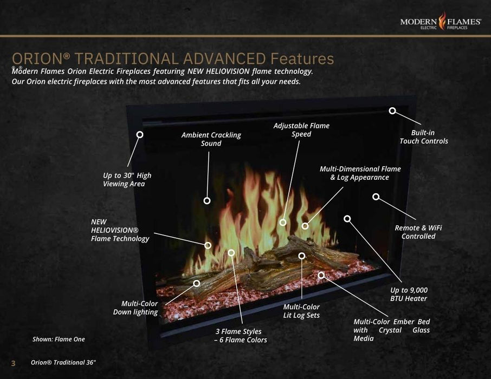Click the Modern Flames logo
pyautogui.click(x=440, y=22)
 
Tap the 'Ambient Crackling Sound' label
pyautogui.click(x=211, y=139)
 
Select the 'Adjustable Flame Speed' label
pyautogui.click(x=301, y=130)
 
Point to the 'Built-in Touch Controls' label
pyautogui.click(x=424, y=137)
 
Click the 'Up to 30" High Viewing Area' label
pyautogui.click(x=127, y=179)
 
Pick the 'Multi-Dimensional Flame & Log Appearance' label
pyautogui.click(x=360, y=173)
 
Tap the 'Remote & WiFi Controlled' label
pyautogui.click(x=418, y=232)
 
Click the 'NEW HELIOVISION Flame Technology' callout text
pyautogui.click(x=120, y=230)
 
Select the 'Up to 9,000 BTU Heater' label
pyautogui.click(x=409, y=295)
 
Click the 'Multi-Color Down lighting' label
pyautogui.click(x=135, y=308)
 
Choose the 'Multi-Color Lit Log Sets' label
pyautogui.click(x=301, y=311)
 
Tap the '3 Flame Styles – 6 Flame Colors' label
pyautogui.click(x=241, y=336)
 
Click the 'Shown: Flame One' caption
pyautogui.click(x=59, y=339)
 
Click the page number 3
pyautogui.click(x=14, y=362)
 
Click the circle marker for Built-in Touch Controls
pyautogui.click(x=392, y=111)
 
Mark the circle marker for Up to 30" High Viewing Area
pyautogui.click(x=140, y=134)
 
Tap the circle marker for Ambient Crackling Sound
pyautogui.click(x=207, y=200)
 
